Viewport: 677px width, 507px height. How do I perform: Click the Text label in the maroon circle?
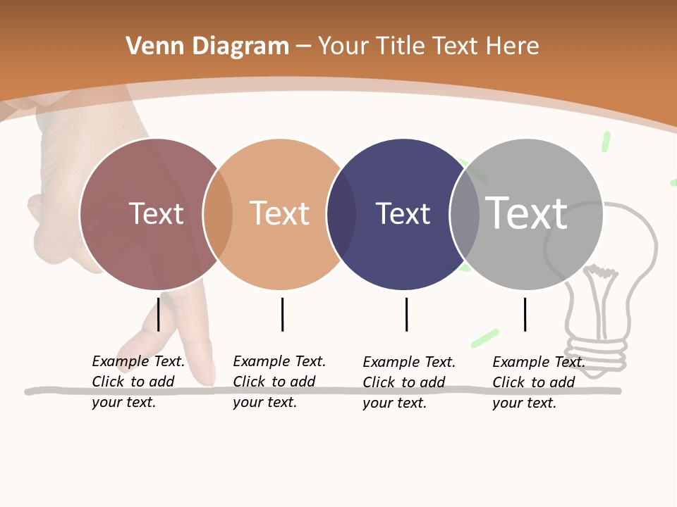click(x=156, y=213)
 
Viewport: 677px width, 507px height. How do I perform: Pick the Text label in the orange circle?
click(x=279, y=213)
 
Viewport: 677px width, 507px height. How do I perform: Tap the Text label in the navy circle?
click(x=403, y=213)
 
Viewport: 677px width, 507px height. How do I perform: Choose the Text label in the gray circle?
click(x=527, y=213)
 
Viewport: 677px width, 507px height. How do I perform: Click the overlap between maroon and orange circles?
click(x=218, y=214)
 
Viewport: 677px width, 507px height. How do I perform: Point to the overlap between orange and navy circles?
click(x=341, y=214)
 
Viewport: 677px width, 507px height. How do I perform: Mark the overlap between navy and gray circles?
click(x=465, y=214)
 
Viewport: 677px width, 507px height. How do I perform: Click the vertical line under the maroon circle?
click(x=159, y=314)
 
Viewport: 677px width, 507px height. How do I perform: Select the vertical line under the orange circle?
click(x=282, y=314)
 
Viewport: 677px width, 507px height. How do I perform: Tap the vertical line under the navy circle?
click(x=406, y=314)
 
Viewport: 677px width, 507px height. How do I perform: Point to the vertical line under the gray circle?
click(x=525, y=314)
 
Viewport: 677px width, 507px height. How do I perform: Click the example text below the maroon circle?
click(x=138, y=382)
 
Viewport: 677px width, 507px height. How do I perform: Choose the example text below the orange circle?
click(x=279, y=382)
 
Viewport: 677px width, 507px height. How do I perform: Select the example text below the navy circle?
click(x=408, y=382)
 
